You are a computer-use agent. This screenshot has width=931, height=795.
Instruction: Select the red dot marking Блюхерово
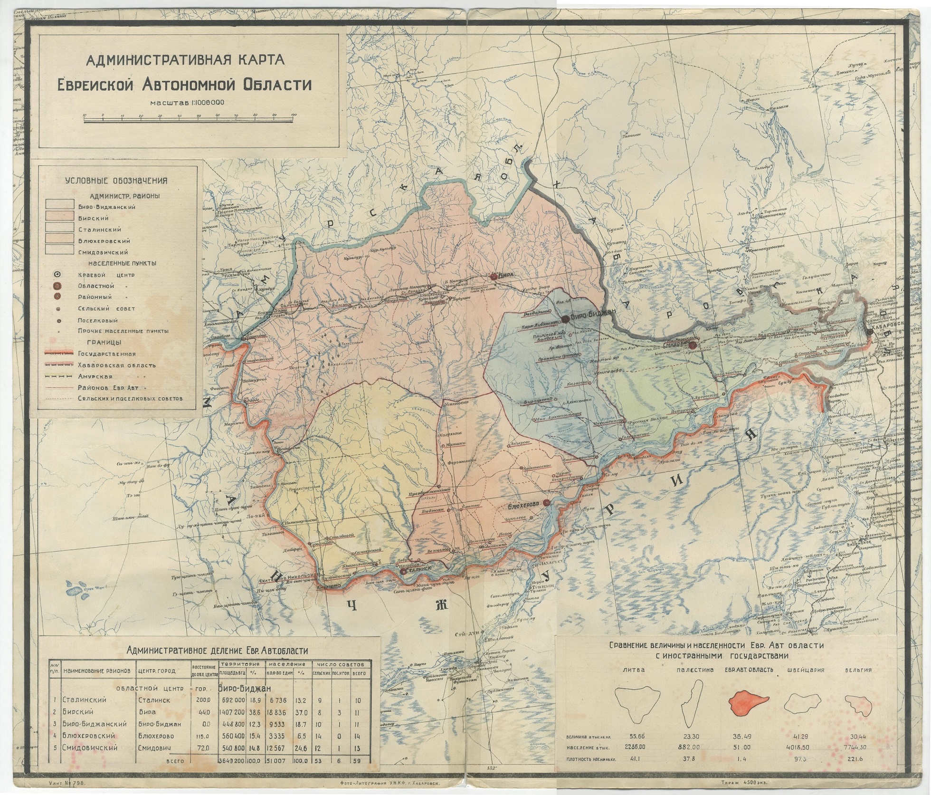point(546,503)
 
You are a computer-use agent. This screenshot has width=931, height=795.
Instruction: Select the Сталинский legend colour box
point(60,230)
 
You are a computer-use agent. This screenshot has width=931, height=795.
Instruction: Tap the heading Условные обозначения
point(116,181)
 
